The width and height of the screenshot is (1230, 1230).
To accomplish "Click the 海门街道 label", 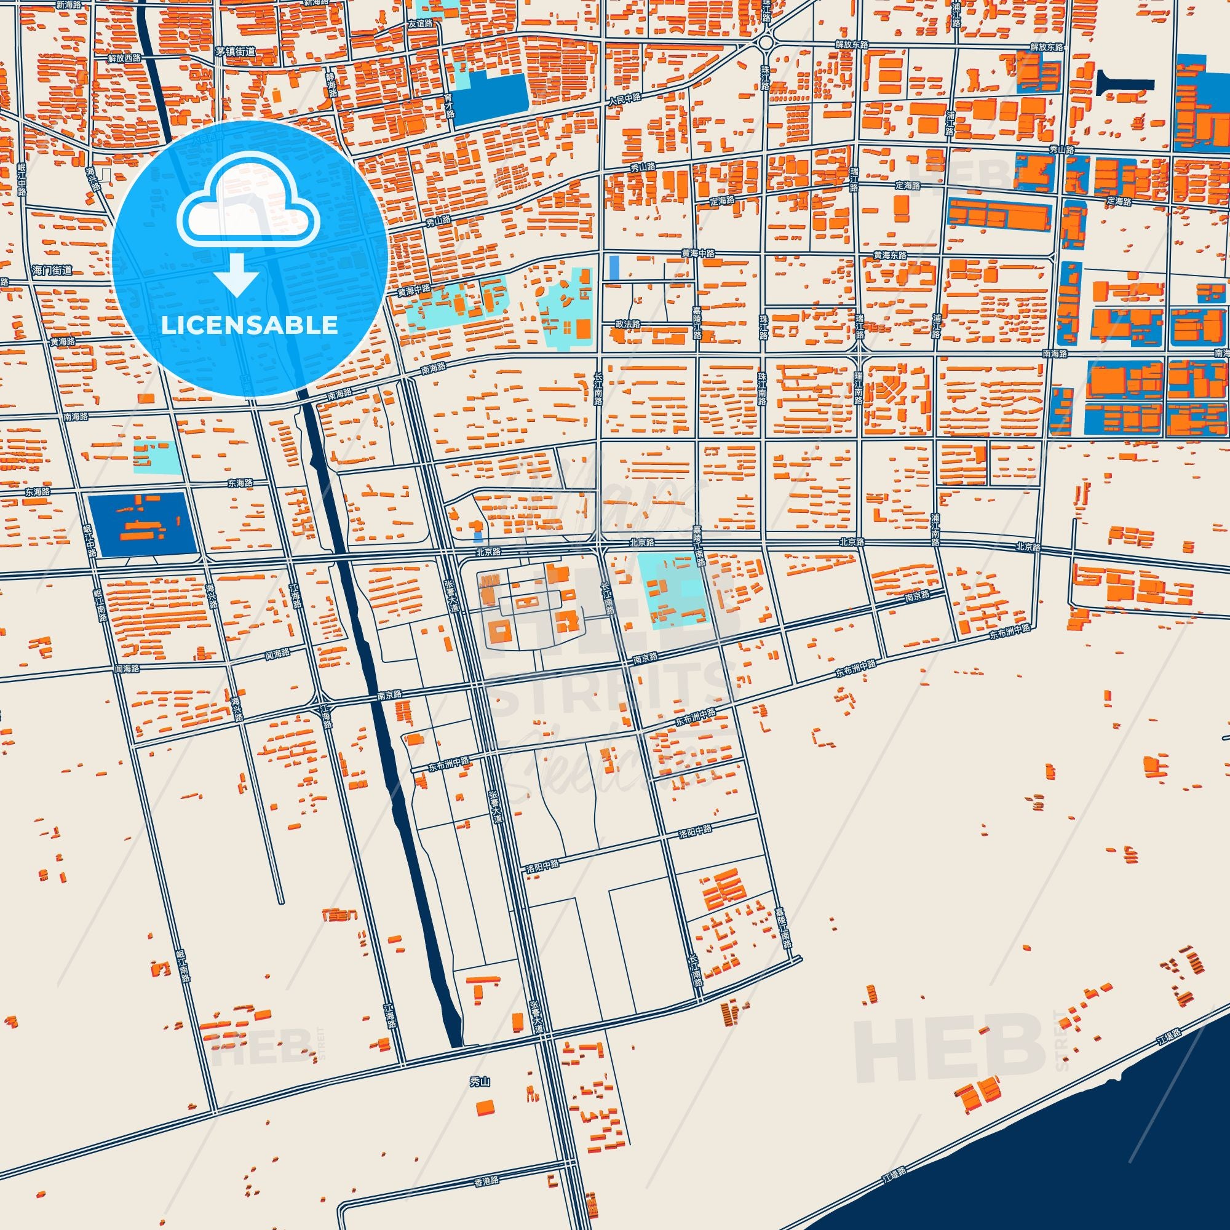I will pyautogui.click(x=52, y=271).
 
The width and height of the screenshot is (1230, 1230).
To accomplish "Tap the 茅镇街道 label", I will pyautogui.click(x=235, y=52).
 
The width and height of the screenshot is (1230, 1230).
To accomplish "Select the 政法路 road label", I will pyautogui.click(x=627, y=324).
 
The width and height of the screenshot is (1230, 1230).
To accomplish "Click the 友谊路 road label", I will pyautogui.click(x=420, y=23).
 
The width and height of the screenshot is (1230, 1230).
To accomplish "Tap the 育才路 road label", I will pyautogui.click(x=450, y=105).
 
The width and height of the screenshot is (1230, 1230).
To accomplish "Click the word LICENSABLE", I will pyautogui.click(x=249, y=325).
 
